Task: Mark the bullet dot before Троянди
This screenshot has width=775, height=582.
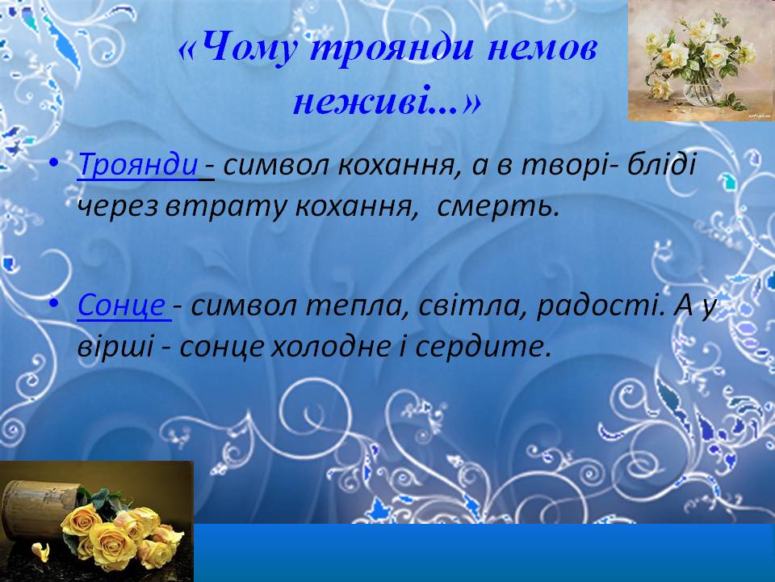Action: [x=54, y=163]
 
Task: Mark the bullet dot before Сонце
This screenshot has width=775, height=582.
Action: [x=54, y=304]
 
